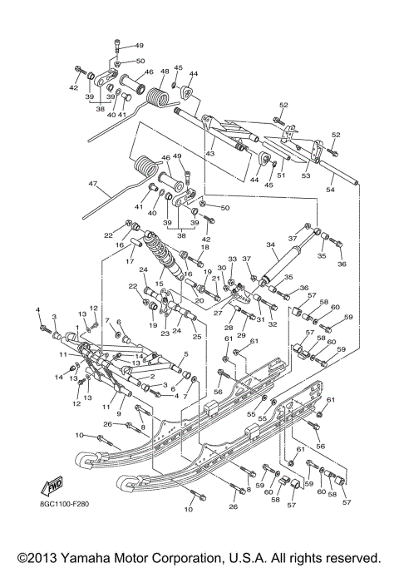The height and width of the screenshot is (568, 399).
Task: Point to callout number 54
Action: (x=330, y=190)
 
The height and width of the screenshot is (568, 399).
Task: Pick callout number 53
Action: (x=305, y=175)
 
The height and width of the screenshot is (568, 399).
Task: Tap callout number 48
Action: (x=165, y=72)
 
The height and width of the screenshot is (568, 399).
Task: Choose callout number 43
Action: (x=209, y=154)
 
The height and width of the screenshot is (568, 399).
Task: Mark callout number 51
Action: (x=281, y=175)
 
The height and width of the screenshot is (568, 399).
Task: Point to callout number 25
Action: (x=196, y=336)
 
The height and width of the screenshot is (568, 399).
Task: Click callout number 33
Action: (x=233, y=259)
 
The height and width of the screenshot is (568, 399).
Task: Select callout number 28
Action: (x=229, y=328)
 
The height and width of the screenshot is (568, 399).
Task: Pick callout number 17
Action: (x=130, y=260)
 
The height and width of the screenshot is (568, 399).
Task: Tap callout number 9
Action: (x=119, y=413)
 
